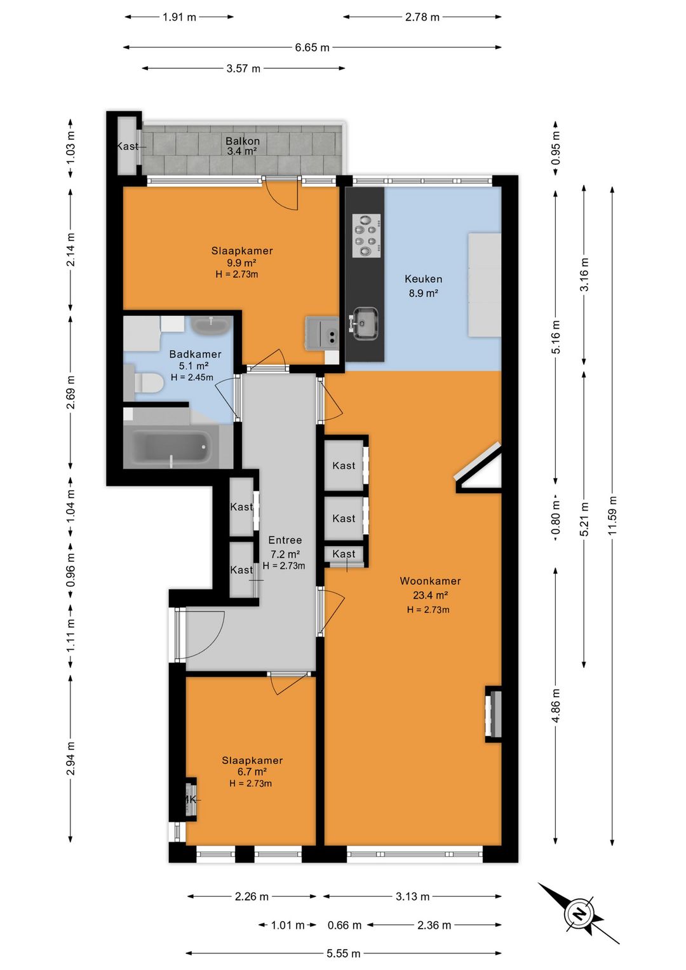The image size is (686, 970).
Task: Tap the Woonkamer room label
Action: [x=430, y=581]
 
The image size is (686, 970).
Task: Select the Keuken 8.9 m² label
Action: [x=423, y=286]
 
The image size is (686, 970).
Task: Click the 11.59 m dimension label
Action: [x=612, y=515]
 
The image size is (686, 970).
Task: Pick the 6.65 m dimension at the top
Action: [x=312, y=47]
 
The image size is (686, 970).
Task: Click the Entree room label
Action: [x=285, y=540]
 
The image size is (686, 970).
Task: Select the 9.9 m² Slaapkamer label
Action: [x=242, y=262]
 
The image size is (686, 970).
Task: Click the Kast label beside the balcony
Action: [x=128, y=146]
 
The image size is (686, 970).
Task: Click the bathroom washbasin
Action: [x=210, y=325]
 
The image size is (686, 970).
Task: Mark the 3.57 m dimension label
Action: [x=243, y=69]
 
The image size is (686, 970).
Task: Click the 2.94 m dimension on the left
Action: [x=71, y=760]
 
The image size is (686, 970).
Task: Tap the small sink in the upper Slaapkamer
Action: [x=321, y=333]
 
